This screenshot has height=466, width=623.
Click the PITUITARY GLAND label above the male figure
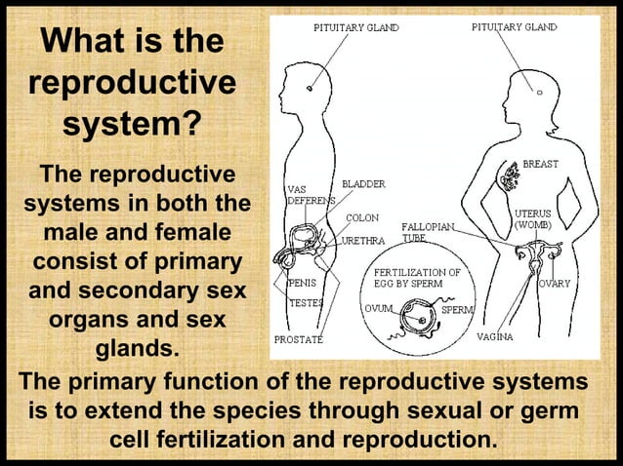pos(355,28)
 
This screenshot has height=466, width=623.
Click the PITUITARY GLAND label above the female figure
pos(515,27)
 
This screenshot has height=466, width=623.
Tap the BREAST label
pos(540,164)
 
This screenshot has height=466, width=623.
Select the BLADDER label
pos(363,183)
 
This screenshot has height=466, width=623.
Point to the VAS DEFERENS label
pos(308,194)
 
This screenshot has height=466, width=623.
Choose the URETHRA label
pos(366,240)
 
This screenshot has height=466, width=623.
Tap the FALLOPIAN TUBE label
pos(426,232)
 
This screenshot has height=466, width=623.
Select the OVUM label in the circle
pos(377,308)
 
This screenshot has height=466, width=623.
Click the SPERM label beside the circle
pos(457,309)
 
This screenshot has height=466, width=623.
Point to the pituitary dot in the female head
pos(536,90)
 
